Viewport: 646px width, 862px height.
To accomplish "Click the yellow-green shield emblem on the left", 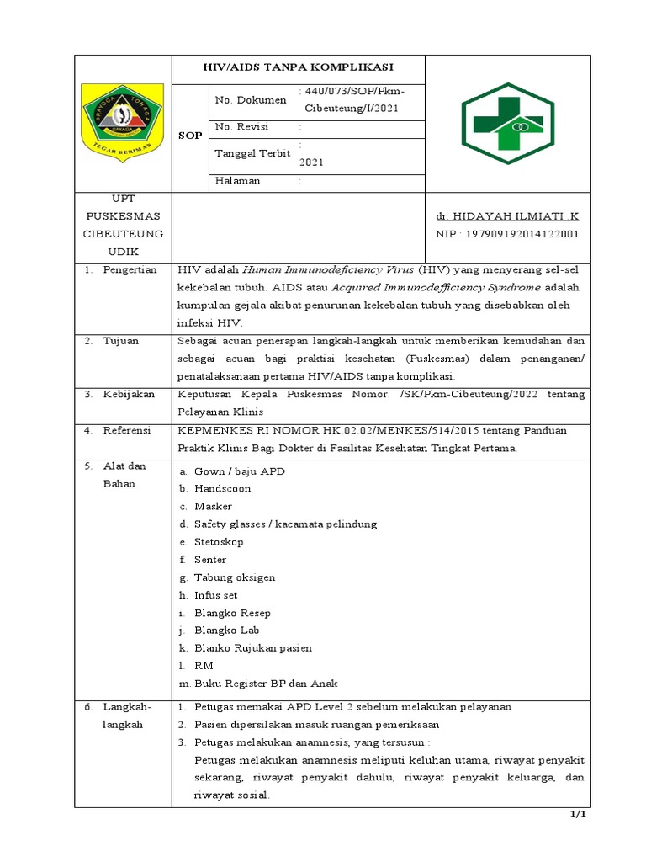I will coord(123,123).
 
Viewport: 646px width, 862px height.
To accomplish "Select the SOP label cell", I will coord(188,135).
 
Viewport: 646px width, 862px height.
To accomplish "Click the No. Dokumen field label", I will coord(251,100).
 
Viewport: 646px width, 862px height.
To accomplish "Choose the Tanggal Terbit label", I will coord(252,153).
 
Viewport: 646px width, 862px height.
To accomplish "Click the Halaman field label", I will coord(238,180).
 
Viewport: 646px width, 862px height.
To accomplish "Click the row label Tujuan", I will coord(121,341).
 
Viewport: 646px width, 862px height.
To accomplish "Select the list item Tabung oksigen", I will coord(234,577).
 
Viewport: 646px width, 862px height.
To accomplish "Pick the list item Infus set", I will coord(216,595).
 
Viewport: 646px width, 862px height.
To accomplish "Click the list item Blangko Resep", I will coord(232,613).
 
